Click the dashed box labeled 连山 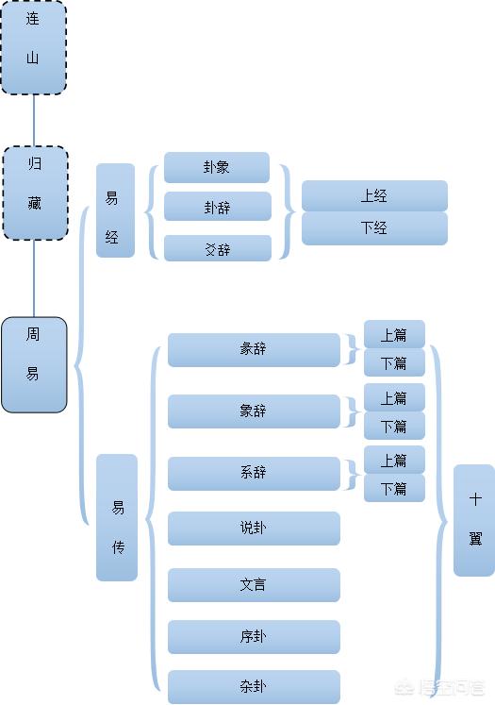click(34, 47)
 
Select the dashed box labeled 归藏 click(36, 193)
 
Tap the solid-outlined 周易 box click(34, 364)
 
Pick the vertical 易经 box click(115, 210)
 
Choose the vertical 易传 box click(117, 517)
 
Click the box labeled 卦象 click(217, 168)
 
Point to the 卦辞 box click(218, 207)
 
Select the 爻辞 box click(218, 248)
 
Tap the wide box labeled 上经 click(374, 196)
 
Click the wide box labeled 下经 click(374, 228)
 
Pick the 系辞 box click(254, 474)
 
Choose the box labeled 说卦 click(254, 529)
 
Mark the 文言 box click(254, 585)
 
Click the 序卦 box click(254, 637)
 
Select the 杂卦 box click(254, 687)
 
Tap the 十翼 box click(474, 520)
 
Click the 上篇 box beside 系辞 click(394, 460)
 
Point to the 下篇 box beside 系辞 click(394, 488)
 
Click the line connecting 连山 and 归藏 click(34, 121)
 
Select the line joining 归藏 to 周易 click(34, 278)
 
